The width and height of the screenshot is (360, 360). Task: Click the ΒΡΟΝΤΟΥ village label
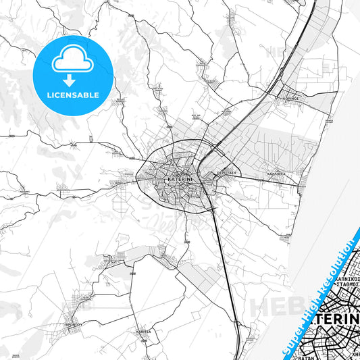[x=74, y=324]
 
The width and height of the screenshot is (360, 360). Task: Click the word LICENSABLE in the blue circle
[x=72, y=96]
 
